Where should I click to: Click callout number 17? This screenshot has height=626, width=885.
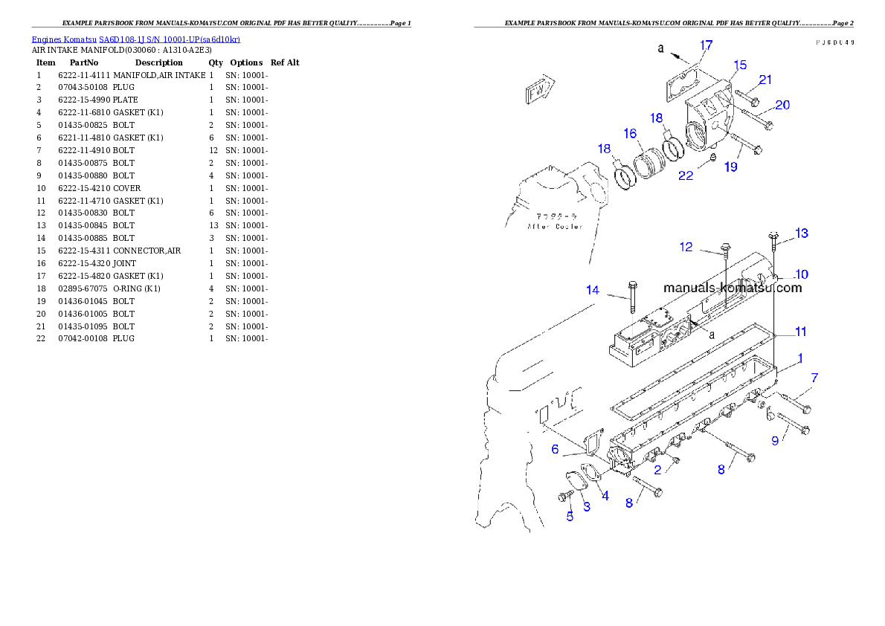coord(705,45)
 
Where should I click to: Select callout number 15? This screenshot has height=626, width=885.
coord(739,65)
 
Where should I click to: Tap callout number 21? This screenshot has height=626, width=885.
coord(765,80)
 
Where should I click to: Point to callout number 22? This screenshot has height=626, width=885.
coord(686,175)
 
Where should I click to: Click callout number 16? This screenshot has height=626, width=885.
coord(630,134)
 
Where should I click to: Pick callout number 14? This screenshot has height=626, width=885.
coord(592,291)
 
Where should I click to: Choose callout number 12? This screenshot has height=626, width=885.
coord(686,247)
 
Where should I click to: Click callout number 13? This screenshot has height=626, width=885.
coord(801,233)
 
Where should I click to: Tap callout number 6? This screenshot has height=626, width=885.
coord(555,449)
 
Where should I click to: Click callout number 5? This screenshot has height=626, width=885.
coord(570,517)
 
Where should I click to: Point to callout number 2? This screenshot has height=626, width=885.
coord(657,470)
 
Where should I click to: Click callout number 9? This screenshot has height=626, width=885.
coord(775,441)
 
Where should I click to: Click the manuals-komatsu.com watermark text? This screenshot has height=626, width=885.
coord(733,288)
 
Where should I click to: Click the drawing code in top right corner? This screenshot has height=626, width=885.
coord(834,42)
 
